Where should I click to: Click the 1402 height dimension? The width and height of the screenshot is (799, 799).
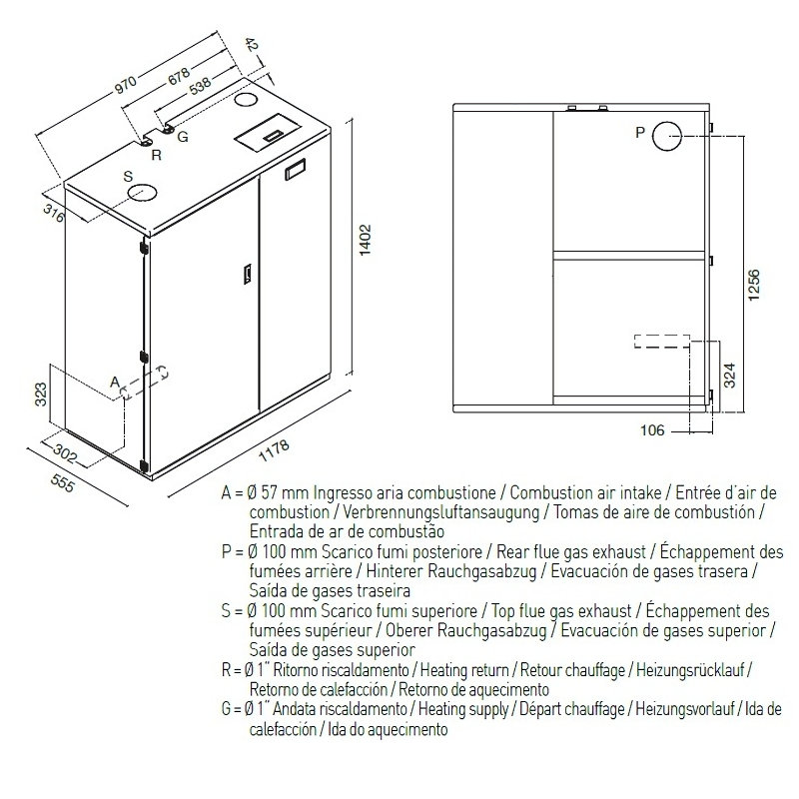tap(366, 240)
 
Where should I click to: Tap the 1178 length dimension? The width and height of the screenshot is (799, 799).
tap(274, 450)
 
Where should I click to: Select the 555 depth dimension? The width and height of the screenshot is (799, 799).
tap(63, 482)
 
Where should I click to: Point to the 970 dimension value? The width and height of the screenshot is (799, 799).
tap(126, 85)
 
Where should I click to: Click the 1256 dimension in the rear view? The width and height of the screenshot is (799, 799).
tap(754, 285)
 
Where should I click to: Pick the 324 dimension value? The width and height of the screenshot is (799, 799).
tap(730, 376)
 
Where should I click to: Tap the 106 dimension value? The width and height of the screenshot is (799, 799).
tap(652, 430)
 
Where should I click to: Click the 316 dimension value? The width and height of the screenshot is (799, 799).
tap(54, 213)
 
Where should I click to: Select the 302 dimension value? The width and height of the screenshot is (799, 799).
tap(65, 454)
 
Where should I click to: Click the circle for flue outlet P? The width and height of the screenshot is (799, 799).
tap(667, 136)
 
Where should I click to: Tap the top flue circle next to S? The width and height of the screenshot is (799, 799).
tap(142, 193)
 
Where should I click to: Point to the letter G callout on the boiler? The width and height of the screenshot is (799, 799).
tap(183, 137)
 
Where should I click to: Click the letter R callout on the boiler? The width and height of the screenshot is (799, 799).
tap(157, 155)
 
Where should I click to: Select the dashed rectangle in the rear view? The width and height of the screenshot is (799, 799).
tap(662, 342)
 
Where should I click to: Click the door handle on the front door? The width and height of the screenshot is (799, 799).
tap(247, 273)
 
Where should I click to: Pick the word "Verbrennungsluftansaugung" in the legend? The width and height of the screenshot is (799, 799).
tap(440, 512)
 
